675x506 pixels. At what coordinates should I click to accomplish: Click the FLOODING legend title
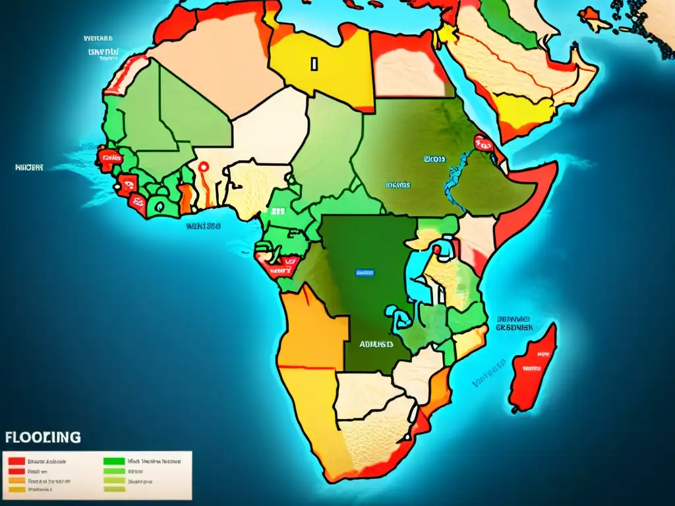44,437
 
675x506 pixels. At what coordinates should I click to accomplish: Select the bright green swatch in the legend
115,462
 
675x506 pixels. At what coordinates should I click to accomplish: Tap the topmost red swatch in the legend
16,462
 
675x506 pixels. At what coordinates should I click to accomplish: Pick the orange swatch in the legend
16,481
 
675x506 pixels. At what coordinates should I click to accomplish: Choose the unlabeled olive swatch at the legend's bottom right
115,490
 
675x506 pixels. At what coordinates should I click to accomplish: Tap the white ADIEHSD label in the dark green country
376,344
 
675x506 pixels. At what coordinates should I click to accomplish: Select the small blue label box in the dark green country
364,271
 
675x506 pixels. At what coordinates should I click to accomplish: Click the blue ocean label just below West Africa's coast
202,225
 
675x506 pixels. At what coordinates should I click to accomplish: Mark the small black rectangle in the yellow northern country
314,63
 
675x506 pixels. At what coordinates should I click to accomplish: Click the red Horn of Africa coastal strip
527,204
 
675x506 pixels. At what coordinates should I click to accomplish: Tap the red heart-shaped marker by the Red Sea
483,142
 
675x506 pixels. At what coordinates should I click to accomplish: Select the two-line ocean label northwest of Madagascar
515,323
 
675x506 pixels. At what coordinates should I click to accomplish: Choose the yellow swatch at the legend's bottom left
16,490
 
